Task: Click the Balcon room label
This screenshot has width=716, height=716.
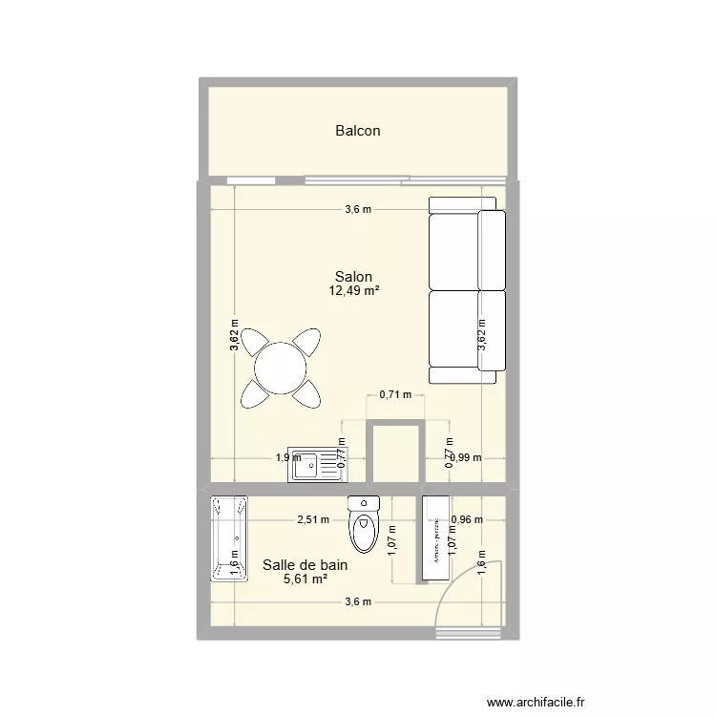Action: (x=358, y=131)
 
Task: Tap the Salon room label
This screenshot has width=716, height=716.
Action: (x=353, y=277)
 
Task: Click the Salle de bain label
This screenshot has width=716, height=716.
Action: (x=305, y=565)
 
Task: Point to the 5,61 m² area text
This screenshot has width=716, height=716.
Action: (x=305, y=579)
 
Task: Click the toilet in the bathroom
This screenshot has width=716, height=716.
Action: (x=365, y=525)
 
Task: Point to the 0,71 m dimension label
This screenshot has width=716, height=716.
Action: (x=394, y=393)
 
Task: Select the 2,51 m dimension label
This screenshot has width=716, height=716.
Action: (x=312, y=520)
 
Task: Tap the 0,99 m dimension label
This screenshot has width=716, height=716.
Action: (x=468, y=457)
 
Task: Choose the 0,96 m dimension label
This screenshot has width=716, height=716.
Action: (x=468, y=520)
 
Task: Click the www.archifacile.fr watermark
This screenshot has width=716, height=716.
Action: (x=534, y=700)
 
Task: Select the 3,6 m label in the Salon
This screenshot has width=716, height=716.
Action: (x=358, y=210)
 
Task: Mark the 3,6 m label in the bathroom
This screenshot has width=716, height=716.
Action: (x=358, y=601)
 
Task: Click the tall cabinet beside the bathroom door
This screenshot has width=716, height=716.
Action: (x=434, y=537)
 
